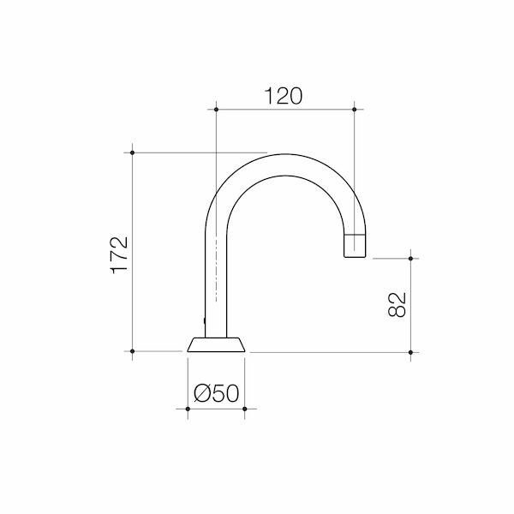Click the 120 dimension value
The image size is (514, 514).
click(284, 95)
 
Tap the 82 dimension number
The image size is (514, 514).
click(396, 304)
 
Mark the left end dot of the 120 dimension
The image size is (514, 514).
click(216, 109)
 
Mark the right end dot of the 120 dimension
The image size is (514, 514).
click(355, 109)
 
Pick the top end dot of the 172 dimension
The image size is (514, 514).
click(133, 152)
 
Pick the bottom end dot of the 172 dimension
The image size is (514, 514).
click(133, 351)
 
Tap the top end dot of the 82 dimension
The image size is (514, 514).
click(411, 258)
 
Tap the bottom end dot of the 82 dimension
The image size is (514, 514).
click(411, 351)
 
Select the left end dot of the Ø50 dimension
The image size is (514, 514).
click(188, 409)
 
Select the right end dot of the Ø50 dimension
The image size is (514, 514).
click(245, 409)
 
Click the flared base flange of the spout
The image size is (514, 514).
click(216, 344)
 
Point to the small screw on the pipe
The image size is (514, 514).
click(204, 321)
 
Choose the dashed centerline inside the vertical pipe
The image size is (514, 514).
click(216, 266)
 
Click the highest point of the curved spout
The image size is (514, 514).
click(283, 155)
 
